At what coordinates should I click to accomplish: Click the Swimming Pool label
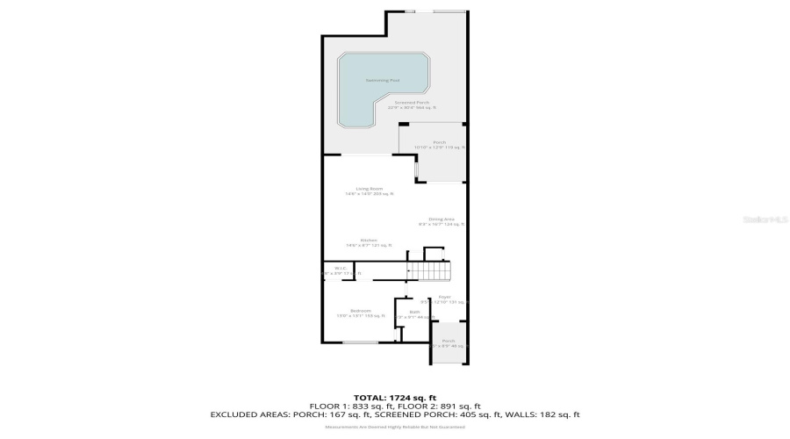coord(382,81)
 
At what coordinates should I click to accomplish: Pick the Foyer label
coord(444,299)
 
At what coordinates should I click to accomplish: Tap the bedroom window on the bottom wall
coord(360,342)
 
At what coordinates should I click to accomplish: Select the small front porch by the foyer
coord(449,343)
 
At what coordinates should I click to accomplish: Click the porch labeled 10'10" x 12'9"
coord(439,145)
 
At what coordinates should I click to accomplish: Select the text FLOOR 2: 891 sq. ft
coord(442,406)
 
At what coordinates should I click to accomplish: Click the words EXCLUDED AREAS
coord(247,414)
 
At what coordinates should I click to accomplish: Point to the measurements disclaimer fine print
coord(394,427)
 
